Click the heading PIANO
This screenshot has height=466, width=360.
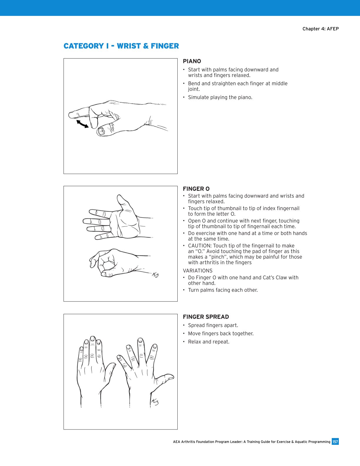point(192,61)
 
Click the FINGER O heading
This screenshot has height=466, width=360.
point(196,189)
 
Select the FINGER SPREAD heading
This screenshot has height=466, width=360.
point(206,317)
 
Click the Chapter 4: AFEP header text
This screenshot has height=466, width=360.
point(320,29)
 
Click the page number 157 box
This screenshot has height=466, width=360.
point(335,442)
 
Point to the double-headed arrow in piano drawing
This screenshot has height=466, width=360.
point(82,124)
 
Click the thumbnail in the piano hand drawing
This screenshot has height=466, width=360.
point(101,131)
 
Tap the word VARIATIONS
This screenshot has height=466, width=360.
point(197,271)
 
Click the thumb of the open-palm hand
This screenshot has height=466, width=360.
point(123,202)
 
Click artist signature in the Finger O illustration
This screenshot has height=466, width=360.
point(155,275)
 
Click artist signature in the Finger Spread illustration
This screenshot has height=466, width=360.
point(155,402)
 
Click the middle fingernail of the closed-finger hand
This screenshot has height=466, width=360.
point(93,338)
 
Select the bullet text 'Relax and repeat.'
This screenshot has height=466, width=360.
point(209,342)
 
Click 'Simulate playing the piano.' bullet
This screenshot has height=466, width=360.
point(220,97)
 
